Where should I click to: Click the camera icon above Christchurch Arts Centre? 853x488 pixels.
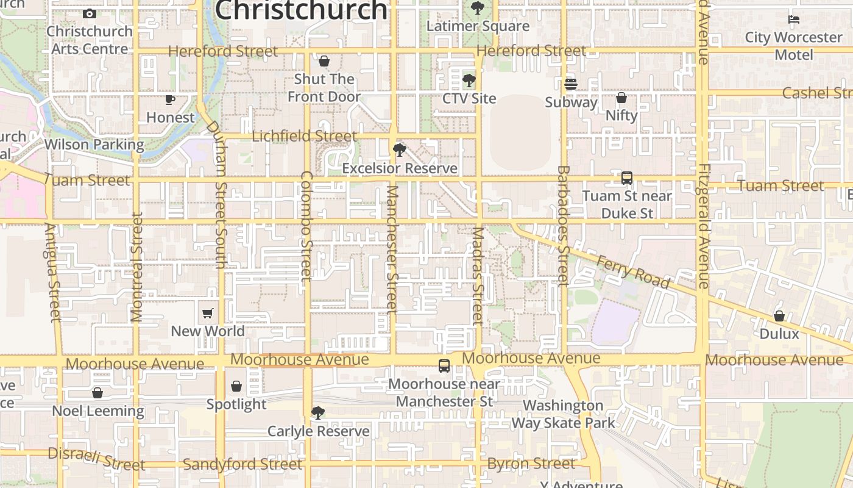(x=90, y=13)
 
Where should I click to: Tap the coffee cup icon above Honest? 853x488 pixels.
(x=170, y=99)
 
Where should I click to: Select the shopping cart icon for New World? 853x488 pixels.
(x=208, y=313)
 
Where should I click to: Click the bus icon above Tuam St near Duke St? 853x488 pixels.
(x=626, y=178)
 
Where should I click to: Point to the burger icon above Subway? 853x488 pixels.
(x=571, y=84)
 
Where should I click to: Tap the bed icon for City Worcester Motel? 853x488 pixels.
(x=793, y=20)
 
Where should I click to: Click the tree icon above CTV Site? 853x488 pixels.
(x=469, y=81)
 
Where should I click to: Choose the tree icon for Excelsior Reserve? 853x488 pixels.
(x=400, y=150)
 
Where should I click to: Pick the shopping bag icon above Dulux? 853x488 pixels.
(x=779, y=316)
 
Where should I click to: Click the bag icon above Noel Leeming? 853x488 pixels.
(x=97, y=393)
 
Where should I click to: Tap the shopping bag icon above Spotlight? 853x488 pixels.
(x=236, y=386)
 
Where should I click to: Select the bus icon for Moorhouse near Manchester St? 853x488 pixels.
(x=444, y=366)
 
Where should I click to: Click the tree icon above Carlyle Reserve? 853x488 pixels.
(x=317, y=413)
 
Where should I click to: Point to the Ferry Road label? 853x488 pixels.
(x=632, y=272)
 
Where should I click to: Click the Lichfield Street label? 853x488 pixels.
(x=304, y=136)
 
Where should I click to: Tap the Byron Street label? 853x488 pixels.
(x=531, y=464)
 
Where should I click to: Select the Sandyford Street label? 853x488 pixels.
(x=242, y=464)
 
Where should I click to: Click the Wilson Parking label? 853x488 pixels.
(x=94, y=145)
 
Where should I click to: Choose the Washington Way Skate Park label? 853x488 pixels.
(x=563, y=414)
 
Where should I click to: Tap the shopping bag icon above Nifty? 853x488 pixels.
(x=621, y=98)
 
